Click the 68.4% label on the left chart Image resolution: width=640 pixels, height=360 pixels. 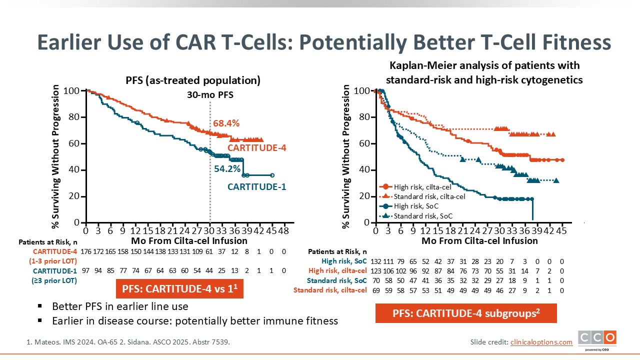pyautogui.click(x=226, y=123)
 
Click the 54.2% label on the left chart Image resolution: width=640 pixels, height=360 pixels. pyautogui.click(x=227, y=169)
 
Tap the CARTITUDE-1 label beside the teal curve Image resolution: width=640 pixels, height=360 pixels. pyautogui.click(x=256, y=187)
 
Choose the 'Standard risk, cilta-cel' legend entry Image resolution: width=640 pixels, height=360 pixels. pyautogui.click(x=429, y=196)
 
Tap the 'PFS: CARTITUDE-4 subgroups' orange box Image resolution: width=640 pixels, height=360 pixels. pyautogui.click(x=466, y=313)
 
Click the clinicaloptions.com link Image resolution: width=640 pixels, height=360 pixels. pyautogui.click(x=541, y=342)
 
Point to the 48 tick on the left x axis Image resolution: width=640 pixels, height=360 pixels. pyautogui.click(x=283, y=231)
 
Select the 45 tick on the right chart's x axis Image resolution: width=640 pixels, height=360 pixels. pyautogui.click(x=561, y=231)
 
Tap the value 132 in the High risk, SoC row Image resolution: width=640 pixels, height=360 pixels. pyautogui.click(x=375, y=261)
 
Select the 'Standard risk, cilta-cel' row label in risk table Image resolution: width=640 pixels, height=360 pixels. pyautogui.click(x=330, y=290)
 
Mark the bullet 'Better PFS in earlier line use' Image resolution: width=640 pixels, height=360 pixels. pyautogui.click(x=120, y=306)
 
